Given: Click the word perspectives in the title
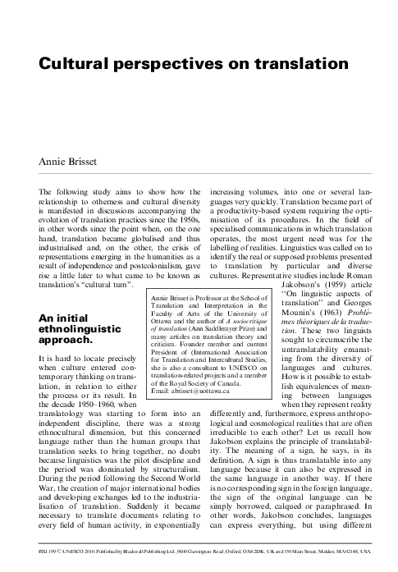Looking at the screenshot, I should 152,63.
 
